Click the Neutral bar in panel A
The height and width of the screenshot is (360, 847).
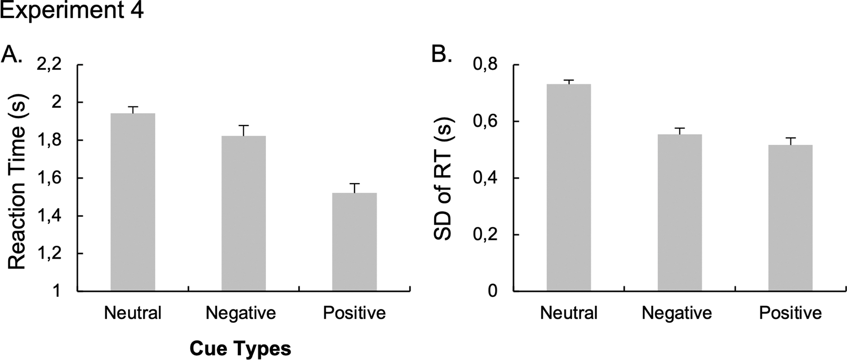[x=133, y=202]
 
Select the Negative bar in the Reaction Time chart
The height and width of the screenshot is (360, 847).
[x=243, y=213]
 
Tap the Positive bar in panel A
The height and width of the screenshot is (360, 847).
[x=354, y=242]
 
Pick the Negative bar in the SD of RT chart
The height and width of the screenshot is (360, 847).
[x=679, y=213]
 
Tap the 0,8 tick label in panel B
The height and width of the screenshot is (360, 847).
[x=485, y=65]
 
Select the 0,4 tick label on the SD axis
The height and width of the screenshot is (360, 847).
[x=485, y=178]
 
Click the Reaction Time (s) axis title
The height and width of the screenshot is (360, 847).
[x=17, y=182]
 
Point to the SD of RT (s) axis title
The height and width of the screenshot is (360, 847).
[x=445, y=178]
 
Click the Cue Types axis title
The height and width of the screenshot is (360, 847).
[x=240, y=348]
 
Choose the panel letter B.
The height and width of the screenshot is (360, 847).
[x=441, y=55]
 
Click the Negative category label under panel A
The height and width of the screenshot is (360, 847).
[x=241, y=313]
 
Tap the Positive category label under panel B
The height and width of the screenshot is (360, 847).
[x=790, y=313]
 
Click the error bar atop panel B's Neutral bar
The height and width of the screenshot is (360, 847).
[x=569, y=81]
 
